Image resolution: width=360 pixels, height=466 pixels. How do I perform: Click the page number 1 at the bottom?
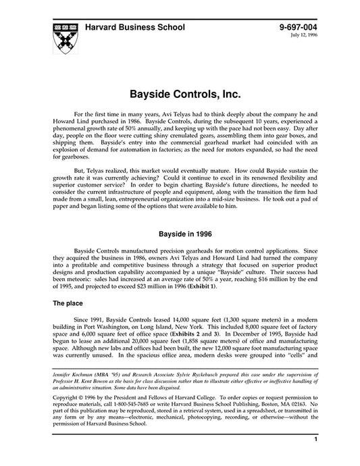click(316, 459)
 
